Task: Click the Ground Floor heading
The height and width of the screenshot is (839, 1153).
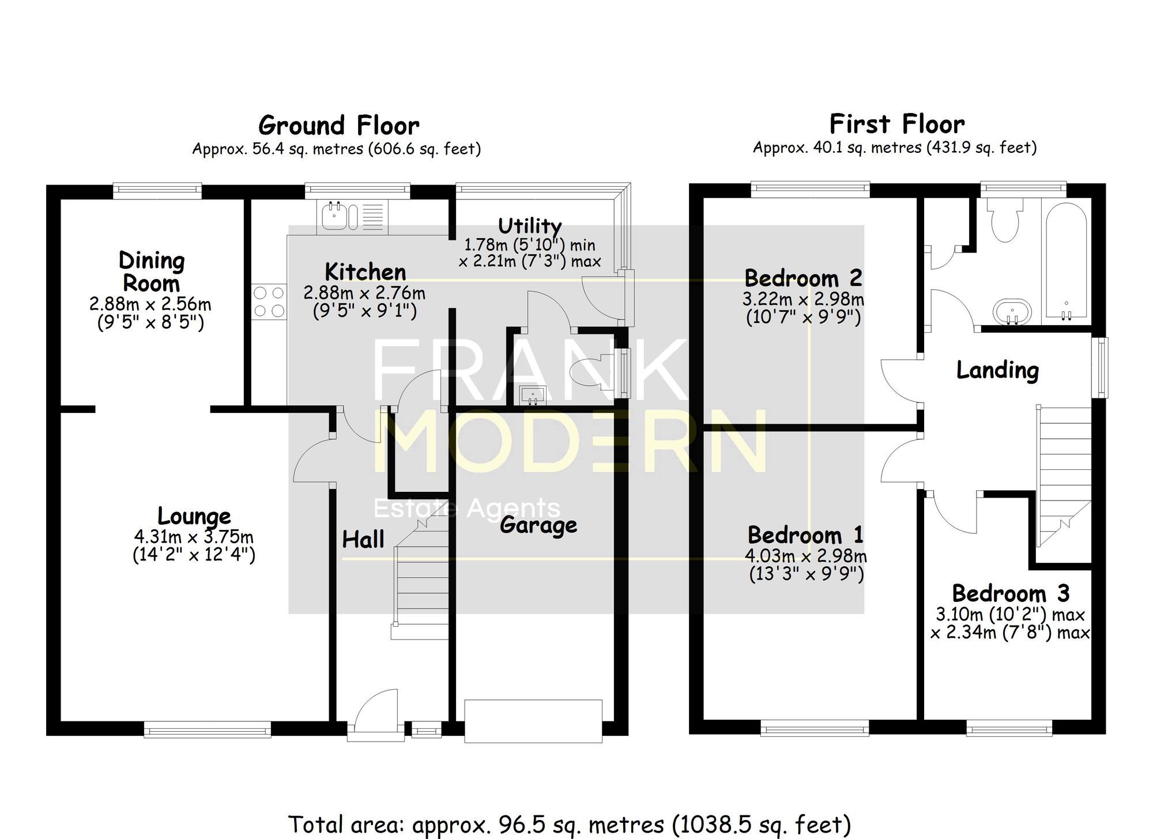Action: pos(338,126)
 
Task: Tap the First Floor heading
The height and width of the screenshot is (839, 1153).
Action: pos(896,125)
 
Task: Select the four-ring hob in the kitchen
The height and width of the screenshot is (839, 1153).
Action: pos(269,302)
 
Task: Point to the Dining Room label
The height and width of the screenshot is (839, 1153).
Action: pos(151,272)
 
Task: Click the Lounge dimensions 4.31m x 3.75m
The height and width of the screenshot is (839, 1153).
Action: pos(194,537)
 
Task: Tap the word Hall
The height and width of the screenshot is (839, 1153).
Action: pos(363,540)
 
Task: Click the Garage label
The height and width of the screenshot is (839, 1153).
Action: pos(538,525)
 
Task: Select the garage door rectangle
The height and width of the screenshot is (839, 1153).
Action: pos(533,721)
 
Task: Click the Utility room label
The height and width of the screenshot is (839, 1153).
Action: pos(529,225)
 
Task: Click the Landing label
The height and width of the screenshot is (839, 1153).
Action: pos(997,370)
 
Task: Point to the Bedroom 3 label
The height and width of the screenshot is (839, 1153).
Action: pos(1011,593)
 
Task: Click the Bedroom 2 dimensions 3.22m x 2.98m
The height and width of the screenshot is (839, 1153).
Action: pos(803,300)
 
